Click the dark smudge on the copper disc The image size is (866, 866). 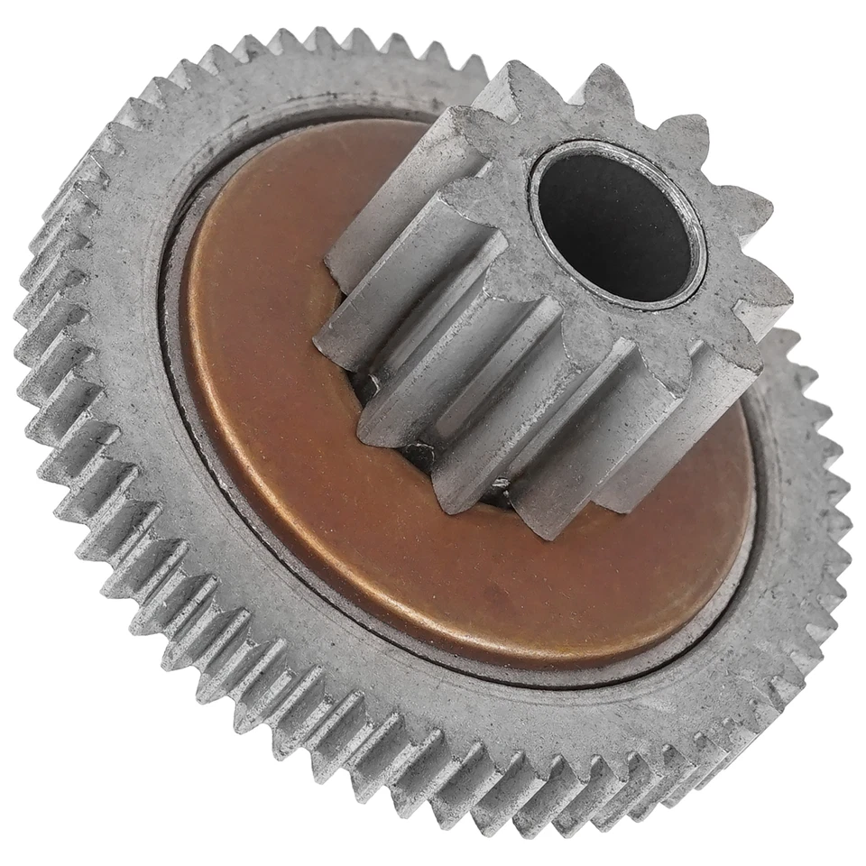pos(493,591)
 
